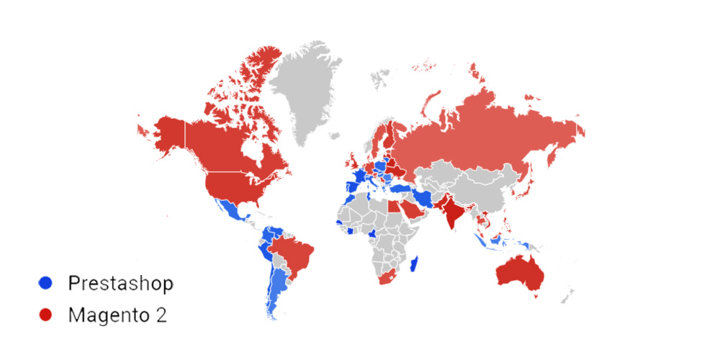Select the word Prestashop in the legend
121,283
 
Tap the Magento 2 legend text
117,315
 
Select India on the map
451,210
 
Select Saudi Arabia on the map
411,209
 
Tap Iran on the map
425,195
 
